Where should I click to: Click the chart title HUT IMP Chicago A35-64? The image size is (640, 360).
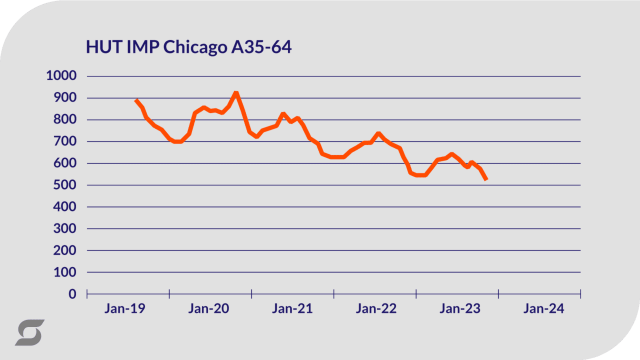click(x=188, y=47)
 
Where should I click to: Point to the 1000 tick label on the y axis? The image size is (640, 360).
click(x=61, y=76)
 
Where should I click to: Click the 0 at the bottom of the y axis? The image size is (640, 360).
click(x=72, y=294)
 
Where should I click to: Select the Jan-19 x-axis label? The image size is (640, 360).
click(x=125, y=309)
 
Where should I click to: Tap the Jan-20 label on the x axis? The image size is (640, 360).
click(x=208, y=309)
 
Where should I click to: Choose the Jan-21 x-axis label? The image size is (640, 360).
click(x=292, y=309)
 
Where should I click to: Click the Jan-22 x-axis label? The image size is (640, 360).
click(x=376, y=309)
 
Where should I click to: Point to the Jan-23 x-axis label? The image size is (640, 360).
click(x=460, y=309)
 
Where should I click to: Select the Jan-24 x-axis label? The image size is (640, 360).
click(x=543, y=309)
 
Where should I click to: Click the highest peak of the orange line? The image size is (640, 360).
click(x=236, y=93)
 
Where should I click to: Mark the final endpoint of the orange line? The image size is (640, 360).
click(x=486, y=179)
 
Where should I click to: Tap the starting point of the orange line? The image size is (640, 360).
click(x=136, y=100)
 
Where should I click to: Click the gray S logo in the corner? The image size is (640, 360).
click(x=29, y=332)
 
